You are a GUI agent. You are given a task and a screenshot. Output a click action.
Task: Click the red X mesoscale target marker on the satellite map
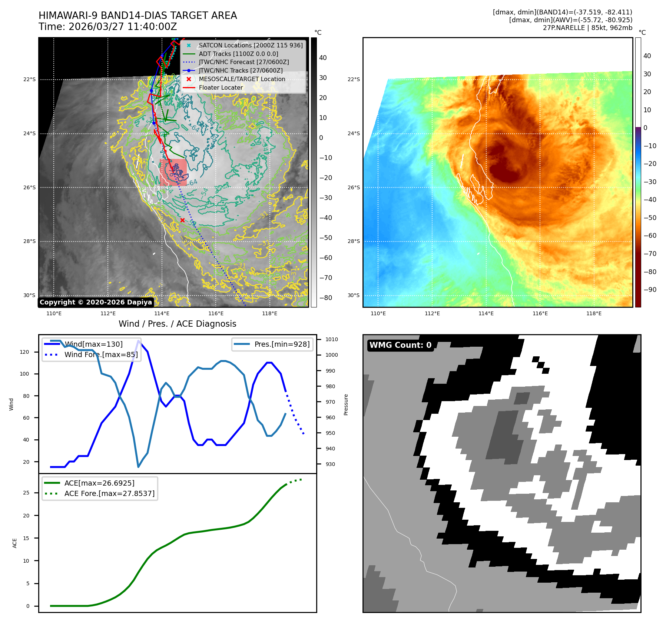(182, 220)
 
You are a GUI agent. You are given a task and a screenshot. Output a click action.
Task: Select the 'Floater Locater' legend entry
(221, 88)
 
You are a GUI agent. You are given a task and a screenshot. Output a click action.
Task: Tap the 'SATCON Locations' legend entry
(251, 46)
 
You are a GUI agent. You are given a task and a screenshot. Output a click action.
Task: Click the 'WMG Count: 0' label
(400, 345)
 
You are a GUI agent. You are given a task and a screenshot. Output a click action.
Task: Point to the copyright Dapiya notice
(96, 302)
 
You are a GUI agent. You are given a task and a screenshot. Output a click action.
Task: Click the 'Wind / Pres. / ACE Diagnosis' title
(177, 324)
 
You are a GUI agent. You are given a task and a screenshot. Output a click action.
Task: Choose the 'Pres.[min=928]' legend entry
(282, 344)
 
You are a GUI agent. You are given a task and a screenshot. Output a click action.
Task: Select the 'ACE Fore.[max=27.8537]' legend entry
(109, 493)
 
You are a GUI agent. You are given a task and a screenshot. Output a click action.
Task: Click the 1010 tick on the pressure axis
(332, 339)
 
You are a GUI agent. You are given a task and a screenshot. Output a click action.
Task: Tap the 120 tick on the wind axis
(24, 352)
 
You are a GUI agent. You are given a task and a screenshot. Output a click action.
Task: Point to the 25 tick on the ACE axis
(26, 493)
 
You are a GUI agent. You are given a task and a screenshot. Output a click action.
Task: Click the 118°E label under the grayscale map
(269, 313)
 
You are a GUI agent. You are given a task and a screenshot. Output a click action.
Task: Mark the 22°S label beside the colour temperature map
(354, 79)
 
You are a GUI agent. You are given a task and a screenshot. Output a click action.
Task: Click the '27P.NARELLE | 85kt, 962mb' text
(587, 28)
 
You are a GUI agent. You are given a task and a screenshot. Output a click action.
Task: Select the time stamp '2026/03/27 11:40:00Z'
(123, 27)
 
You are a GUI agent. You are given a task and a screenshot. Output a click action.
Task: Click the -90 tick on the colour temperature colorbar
(650, 290)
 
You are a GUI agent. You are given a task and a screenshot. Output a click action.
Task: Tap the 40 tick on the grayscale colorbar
(323, 58)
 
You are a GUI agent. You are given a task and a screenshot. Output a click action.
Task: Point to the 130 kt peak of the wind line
(138, 340)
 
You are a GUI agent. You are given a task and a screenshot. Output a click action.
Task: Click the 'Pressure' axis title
(346, 404)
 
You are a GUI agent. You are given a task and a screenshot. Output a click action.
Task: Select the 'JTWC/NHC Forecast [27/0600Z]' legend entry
(243, 62)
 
